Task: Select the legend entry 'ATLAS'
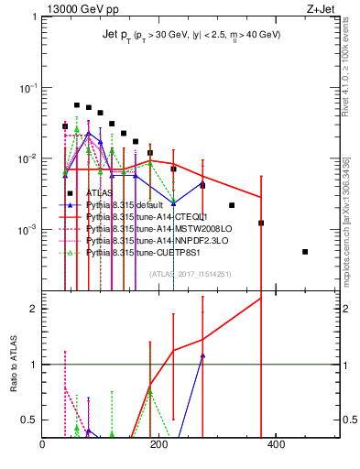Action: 101,193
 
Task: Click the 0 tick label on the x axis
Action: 43,444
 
